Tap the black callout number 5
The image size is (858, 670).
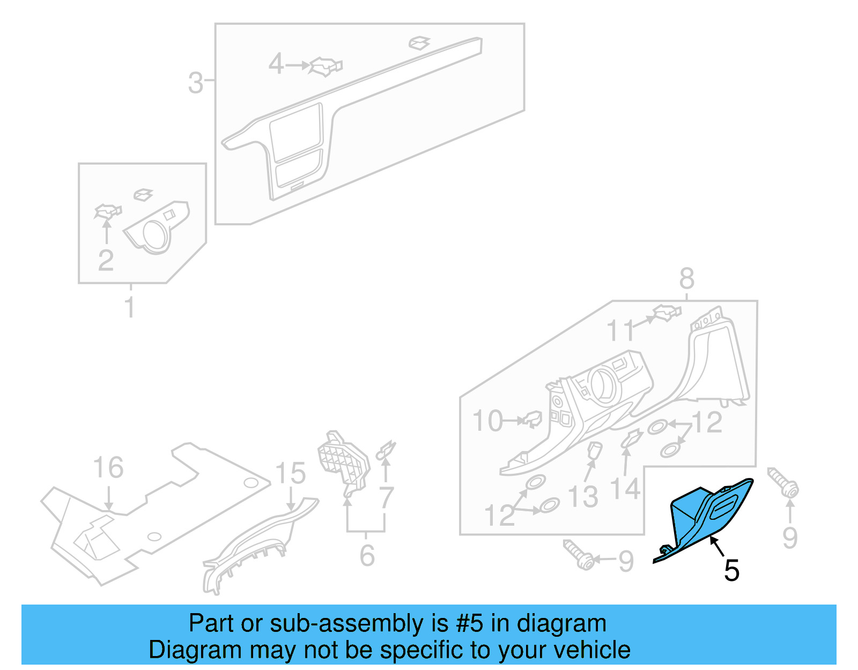pos(731,571)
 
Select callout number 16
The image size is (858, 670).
pos(108,468)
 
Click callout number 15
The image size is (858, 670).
pos(290,474)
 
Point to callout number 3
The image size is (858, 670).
pos(196,83)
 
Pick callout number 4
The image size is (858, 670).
pos(276,64)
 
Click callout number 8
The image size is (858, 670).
pos(686,279)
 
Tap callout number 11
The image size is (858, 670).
pos(620,331)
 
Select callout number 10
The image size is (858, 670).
pos(487,421)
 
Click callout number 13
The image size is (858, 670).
pos(583,497)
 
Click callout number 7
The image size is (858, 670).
pos(387,498)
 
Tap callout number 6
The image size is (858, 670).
pos(367,556)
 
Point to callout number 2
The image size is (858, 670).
pos(106,261)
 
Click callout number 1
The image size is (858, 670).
pos(129,307)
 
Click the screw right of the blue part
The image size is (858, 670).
pos(784,483)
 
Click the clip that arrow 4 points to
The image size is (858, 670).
pos(326,67)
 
